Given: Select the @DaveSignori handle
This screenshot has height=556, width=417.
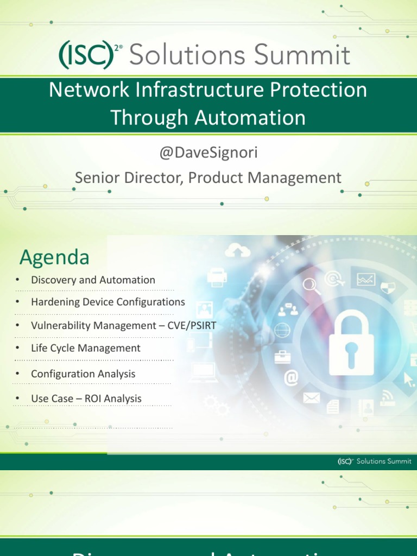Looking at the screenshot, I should click(x=208, y=153).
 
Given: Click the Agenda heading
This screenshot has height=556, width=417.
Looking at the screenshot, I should click(x=54, y=257).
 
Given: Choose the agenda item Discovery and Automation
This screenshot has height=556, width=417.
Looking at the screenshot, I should click(x=93, y=280).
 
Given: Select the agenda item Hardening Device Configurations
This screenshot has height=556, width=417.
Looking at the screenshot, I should click(x=108, y=302).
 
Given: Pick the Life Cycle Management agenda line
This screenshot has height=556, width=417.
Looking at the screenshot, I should click(x=86, y=348).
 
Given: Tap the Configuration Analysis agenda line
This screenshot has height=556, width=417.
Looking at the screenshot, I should click(x=83, y=374).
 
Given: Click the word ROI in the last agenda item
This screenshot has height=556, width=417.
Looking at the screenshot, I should click(x=91, y=399).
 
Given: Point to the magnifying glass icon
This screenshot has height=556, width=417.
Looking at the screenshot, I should click(x=310, y=285).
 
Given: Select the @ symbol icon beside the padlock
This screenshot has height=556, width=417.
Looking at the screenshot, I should click(x=291, y=378).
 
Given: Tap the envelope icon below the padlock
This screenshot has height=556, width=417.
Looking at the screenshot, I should click(x=311, y=398).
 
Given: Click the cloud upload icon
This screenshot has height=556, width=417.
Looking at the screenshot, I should click(x=237, y=251).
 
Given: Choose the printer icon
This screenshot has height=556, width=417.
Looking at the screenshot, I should click(x=217, y=277).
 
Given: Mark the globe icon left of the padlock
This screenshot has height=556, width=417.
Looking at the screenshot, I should click(x=282, y=330).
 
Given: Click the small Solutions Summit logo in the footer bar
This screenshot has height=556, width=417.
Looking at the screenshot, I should click(x=374, y=462).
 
